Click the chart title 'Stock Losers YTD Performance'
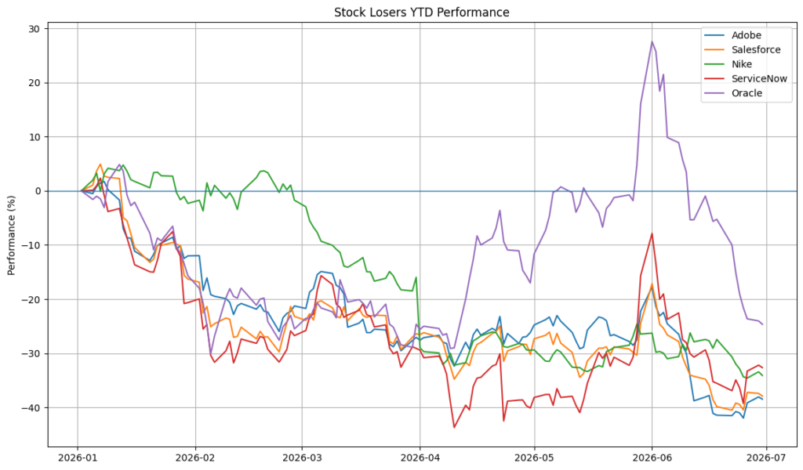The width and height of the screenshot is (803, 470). [421, 13]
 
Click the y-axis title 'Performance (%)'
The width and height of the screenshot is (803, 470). [11, 235]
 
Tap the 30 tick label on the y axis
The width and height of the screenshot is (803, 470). [35, 29]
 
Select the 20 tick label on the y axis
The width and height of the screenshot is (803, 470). [35, 83]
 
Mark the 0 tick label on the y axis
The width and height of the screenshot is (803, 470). [38, 191]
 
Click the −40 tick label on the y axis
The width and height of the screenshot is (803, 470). [31, 407]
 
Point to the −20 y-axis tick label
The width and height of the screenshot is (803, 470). [31, 299]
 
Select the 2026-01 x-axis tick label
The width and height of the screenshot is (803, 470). [78, 457]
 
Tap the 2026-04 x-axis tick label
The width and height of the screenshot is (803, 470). [420, 457]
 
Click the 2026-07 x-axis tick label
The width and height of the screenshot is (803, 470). [766, 457]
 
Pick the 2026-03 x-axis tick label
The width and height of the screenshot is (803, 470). [302, 457]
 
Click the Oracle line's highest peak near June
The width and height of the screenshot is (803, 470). [652, 42]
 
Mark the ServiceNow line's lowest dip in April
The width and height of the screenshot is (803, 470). [454, 427]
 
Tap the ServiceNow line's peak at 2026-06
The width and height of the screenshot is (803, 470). [652, 233]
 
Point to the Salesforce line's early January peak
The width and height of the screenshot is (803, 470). [100, 164]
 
